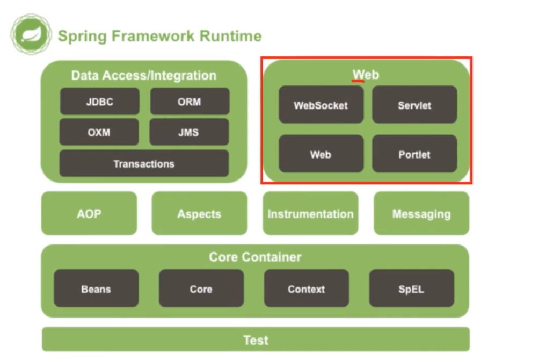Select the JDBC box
(99, 102)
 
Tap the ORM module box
(190, 102)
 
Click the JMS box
(189, 132)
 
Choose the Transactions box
(144, 163)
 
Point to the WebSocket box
(321, 105)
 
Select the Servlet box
(414, 105)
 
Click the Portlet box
(414, 154)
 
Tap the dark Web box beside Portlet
(321, 154)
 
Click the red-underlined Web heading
(366, 75)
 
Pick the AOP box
(89, 214)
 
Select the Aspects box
(199, 214)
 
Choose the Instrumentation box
(310, 214)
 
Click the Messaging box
(421, 214)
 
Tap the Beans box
(96, 289)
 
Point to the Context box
(307, 289)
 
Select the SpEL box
(411, 289)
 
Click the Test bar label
(256, 340)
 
